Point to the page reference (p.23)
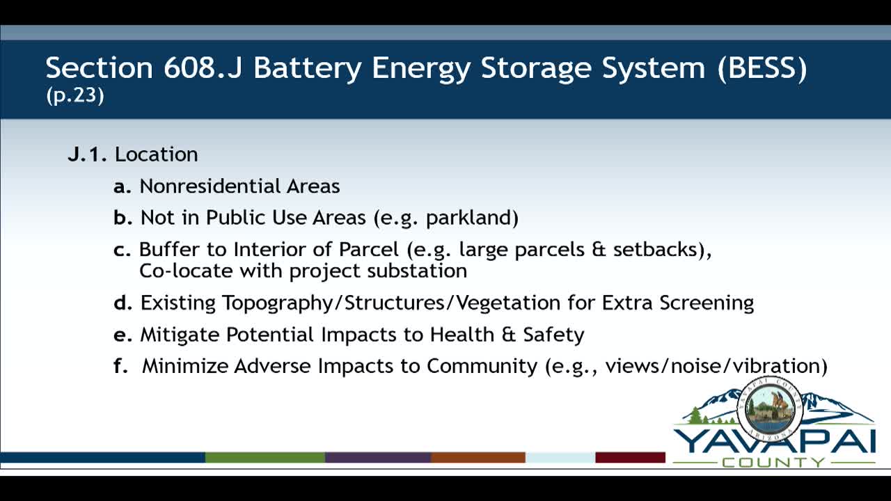75,96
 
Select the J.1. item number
87,154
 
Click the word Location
157,154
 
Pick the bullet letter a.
122,186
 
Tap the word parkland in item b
471,218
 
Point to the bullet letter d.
123,303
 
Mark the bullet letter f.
121,366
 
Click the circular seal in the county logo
769,411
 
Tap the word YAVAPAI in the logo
773,442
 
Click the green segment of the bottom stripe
265,457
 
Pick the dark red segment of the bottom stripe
630,457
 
